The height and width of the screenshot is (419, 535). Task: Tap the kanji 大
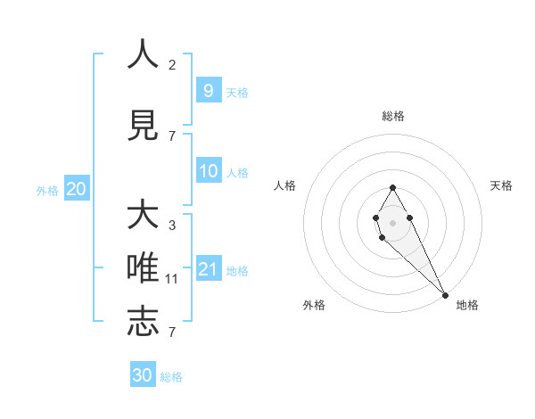pos(143,216)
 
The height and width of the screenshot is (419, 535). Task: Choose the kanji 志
pos(143,321)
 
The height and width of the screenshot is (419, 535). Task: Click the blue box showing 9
pos(208,90)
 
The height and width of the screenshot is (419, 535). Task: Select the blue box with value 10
pos(209,171)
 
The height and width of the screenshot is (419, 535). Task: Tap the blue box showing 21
pos(208,269)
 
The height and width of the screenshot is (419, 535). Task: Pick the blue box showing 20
pos(76,188)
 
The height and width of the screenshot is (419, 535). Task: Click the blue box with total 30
pos(143,375)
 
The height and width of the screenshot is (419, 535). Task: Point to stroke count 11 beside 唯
pos(172,279)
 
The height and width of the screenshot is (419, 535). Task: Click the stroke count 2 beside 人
pos(172,64)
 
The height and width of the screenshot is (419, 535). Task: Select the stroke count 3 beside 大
pos(172,226)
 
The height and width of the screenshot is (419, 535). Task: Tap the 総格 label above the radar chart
pos(392,116)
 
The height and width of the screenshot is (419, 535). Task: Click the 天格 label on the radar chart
pos(501,185)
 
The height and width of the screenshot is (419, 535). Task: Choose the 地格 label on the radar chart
pos(467,305)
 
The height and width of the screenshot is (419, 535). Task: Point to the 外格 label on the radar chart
pos(314,305)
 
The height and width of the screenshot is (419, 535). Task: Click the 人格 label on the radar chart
pos(285,185)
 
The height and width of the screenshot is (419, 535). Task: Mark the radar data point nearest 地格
pos(445,295)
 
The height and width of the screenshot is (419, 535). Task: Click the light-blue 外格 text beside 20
pos(47,190)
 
